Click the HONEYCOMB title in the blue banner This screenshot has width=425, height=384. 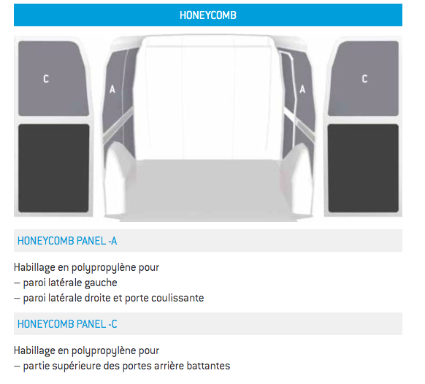click(x=208, y=15)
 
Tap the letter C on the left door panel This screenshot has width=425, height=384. click(x=46, y=79)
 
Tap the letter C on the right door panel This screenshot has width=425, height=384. click(x=364, y=79)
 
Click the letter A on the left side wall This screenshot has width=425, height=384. click(x=112, y=89)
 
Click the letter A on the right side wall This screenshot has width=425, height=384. click(x=302, y=89)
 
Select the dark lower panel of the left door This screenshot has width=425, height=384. click(x=53, y=168)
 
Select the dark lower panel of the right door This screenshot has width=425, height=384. click(x=363, y=168)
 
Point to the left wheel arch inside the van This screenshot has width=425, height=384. click(x=117, y=179)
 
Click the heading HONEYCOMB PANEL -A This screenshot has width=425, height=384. click(x=67, y=241)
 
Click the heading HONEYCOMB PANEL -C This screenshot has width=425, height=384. click(x=67, y=324)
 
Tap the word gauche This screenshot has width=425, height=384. click(x=101, y=283)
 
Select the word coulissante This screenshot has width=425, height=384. click(x=177, y=298)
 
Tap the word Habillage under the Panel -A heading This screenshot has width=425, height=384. click(x=34, y=268)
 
